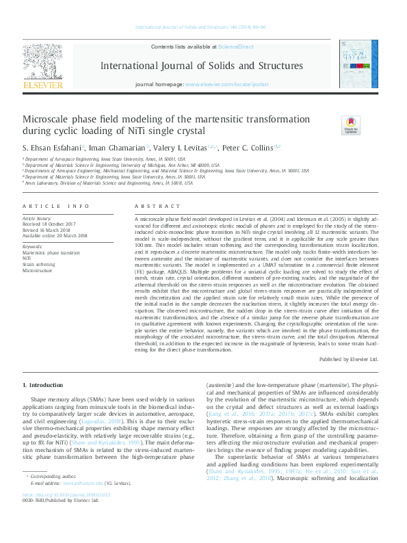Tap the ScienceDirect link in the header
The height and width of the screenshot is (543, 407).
235,47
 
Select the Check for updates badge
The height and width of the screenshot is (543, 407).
351,124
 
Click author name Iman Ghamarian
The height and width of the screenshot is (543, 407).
117,147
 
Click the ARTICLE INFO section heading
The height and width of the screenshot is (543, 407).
56,206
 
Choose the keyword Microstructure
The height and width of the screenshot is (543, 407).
38,269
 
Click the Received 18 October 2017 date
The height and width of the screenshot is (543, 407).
51,224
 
